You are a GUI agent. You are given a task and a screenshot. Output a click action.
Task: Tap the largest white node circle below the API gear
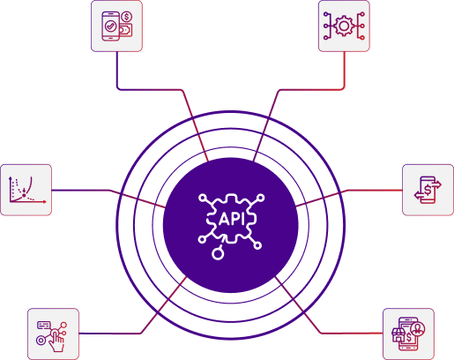click(x=218, y=255)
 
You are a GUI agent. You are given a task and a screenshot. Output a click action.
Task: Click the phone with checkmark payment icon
click(x=116, y=26)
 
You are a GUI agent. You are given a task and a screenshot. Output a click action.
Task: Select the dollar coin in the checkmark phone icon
click(x=127, y=17)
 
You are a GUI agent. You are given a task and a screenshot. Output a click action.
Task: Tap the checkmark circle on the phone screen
click(x=111, y=26)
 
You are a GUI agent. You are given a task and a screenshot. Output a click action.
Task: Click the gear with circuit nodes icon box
click(x=344, y=26)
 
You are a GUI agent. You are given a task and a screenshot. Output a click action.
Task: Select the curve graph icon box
click(x=26, y=189)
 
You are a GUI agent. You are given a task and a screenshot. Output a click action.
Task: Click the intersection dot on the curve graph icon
click(x=24, y=192)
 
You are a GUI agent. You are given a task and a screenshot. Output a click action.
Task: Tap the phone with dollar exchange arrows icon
click(x=428, y=189)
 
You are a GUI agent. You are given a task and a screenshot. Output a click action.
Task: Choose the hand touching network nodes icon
click(x=53, y=334)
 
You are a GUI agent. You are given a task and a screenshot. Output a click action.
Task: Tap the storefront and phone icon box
click(x=408, y=334)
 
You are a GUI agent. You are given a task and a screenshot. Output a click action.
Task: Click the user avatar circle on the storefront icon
click(x=418, y=328)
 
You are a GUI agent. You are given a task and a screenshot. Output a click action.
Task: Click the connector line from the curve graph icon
click(x=84, y=190)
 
